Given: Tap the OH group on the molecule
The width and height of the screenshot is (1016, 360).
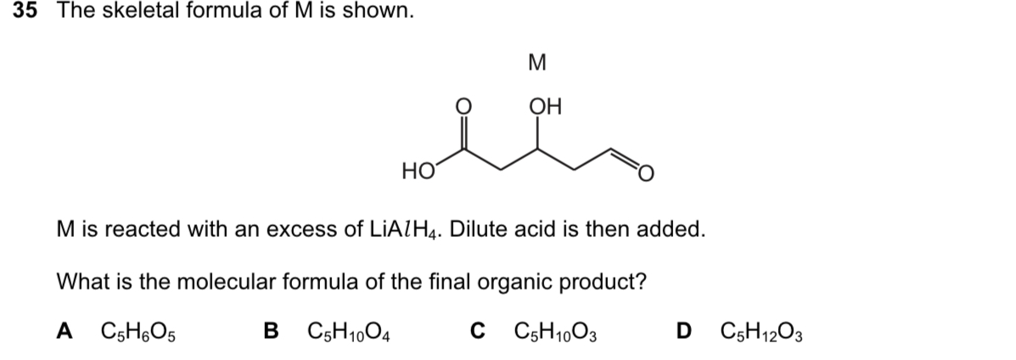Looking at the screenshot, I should point(544,108).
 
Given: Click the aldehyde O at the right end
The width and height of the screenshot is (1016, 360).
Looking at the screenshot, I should point(647,175).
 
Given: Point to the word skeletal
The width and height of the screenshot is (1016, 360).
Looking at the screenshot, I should point(132,12).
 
